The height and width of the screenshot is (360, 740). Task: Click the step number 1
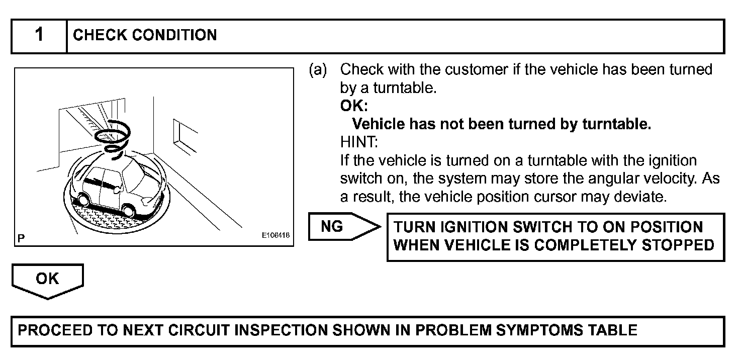pos(39,36)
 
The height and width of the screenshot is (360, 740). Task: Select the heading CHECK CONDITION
pos(145,36)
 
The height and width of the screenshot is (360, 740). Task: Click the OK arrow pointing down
pos(47,281)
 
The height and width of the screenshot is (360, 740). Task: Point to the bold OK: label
pos(354,106)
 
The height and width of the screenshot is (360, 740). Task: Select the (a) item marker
pos(318,70)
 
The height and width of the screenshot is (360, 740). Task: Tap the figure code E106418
pos(275,235)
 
